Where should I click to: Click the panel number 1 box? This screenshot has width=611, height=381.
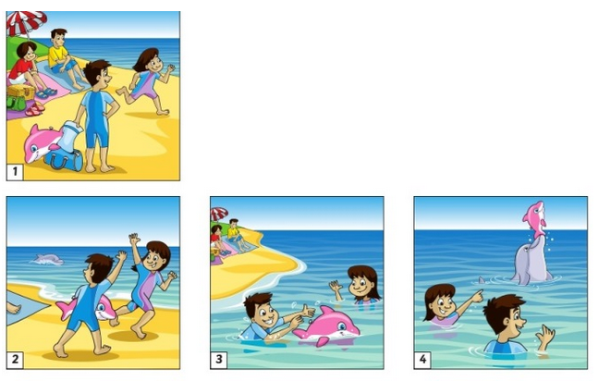click(x=15, y=172)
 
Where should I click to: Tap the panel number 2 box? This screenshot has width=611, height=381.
click(x=15, y=360)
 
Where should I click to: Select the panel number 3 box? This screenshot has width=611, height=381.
click(x=218, y=360)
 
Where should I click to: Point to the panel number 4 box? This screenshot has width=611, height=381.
click(x=422, y=360)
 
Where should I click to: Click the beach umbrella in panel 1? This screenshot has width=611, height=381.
click(x=26, y=22)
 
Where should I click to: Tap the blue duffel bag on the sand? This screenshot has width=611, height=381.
click(x=64, y=159)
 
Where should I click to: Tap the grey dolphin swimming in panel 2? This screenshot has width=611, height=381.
click(x=47, y=259)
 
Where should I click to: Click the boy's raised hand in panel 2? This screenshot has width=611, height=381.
click(x=121, y=256)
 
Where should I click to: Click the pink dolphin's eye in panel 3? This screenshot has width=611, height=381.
click(x=340, y=326)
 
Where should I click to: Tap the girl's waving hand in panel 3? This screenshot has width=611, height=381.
click(x=335, y=288)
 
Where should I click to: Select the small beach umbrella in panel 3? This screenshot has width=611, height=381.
click(x=218, y=214)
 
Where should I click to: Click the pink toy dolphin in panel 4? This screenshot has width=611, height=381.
click(x=535, y=219)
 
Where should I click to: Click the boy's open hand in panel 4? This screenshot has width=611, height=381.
click(x=546, y=336)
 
